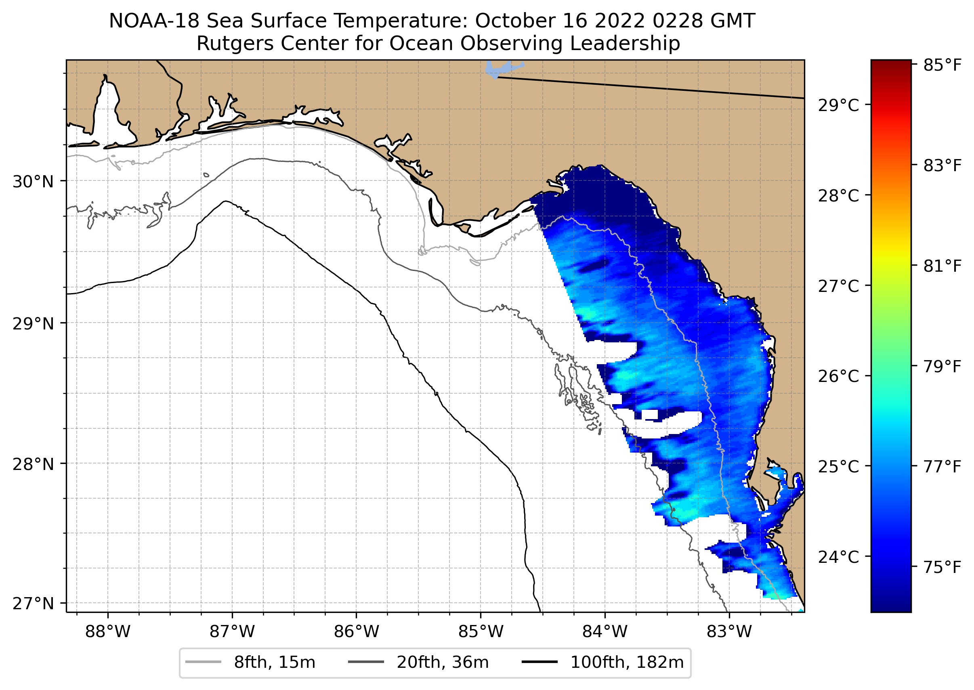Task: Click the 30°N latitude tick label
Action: pyautogui.click(x=33, y=182)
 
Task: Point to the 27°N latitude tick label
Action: pyautogui.click(x=33, y=603)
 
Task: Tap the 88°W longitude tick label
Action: pyautogui.click(x=107, y=632)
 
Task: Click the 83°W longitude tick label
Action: pyautogui.click(x=729, y=632)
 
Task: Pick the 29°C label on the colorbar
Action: pyautogui.click(x=838, y=105)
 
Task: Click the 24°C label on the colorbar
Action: pyautogui.click(x=838, y=557)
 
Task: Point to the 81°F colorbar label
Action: pyautogui.click(x=942, y=266)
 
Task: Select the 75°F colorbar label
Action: pyautogui.click(x=942, y=567)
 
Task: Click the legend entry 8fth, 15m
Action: pyautogui.click(x=275, y=663)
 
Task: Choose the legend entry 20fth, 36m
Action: pyautogui.click(x=443, y=663)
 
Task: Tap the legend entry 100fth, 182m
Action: pyautogui.click(x=627, y=663)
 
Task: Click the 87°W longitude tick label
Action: pyautogui.click(x=233, y=632)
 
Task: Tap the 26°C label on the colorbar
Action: pyautogui.click(x=838, y=376)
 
